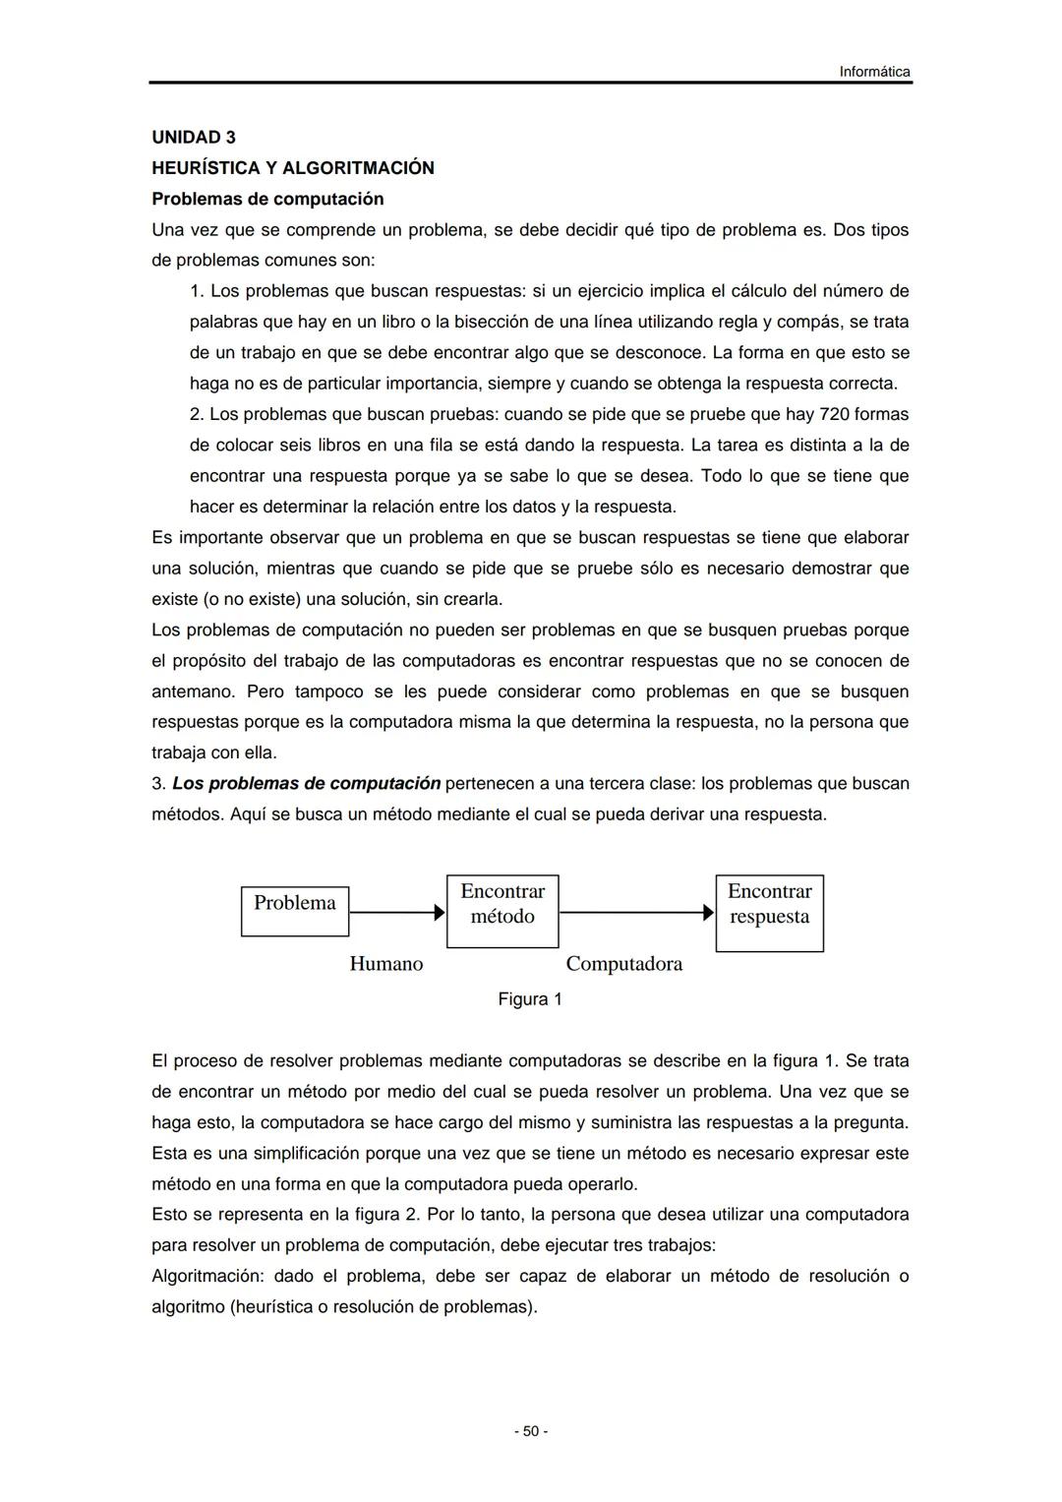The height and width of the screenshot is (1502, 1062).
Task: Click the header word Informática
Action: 874,72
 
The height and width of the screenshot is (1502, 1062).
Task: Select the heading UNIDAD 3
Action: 194,137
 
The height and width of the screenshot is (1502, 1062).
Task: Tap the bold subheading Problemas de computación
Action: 267,199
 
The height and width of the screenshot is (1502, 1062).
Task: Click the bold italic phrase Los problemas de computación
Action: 306,784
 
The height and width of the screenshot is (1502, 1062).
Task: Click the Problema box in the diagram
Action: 295,911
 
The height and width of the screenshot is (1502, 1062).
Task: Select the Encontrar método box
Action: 502,911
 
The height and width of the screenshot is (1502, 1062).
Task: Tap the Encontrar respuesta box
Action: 769,913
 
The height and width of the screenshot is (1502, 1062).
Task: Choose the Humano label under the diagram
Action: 386,964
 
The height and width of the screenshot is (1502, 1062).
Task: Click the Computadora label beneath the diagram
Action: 623,964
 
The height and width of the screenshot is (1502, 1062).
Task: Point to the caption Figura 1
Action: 530,999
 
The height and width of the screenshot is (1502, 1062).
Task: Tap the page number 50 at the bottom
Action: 531,1431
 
